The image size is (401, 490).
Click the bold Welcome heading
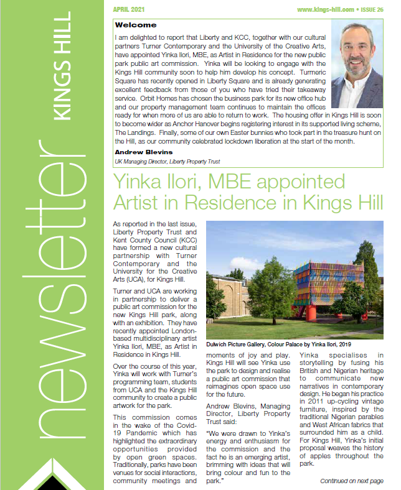pyautogui.click(x=136, y=25)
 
